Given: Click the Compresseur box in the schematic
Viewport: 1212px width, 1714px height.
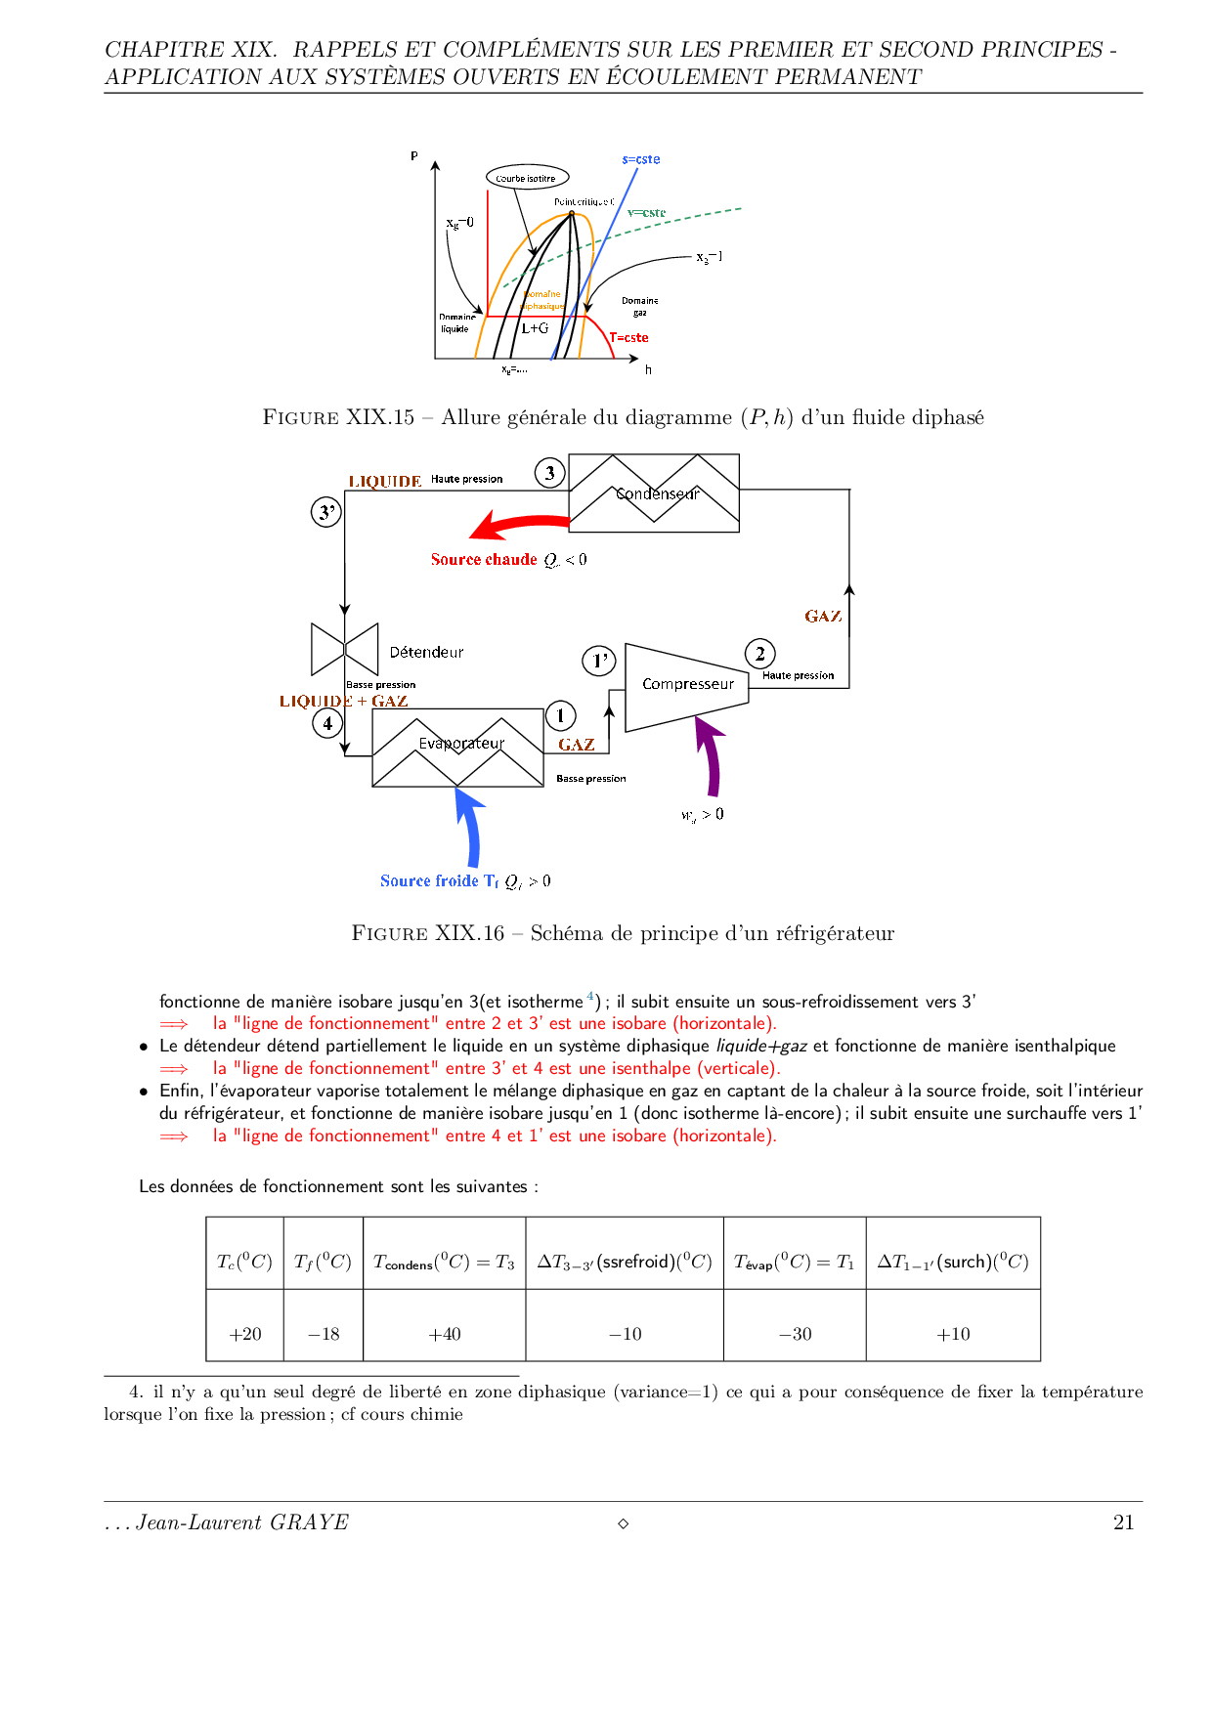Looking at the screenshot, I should click(x=687, y=685).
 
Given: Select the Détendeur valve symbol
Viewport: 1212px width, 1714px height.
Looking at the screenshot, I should click(x=344, y=649).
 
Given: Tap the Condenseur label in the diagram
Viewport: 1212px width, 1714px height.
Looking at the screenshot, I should click(x=658, y=493).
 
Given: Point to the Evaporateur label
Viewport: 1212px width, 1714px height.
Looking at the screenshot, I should click(x=461, y=744).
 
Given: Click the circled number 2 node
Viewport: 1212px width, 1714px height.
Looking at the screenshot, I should click(x=759, y=654).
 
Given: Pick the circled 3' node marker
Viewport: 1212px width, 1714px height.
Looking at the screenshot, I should click(x=326, y=512).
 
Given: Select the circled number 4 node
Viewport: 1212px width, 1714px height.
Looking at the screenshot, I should click(x=327, y=723).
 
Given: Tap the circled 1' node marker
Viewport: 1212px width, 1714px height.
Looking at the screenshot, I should click(x=599, y=661).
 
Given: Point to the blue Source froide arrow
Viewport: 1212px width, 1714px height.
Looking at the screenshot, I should click(x=470, y=827).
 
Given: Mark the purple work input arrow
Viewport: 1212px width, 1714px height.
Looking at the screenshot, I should click(x=711, y=756).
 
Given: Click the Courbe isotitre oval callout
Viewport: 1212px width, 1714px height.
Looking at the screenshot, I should click(x=526, y=178).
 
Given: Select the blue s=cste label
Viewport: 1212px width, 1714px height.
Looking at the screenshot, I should click(x=641, y=159).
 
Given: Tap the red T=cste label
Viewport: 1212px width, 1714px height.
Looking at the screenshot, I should click(x=629, y=338).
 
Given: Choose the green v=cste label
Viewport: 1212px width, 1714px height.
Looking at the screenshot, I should click(x=646, y=212).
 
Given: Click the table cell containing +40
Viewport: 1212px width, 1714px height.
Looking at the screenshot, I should click(x=445, y=1334).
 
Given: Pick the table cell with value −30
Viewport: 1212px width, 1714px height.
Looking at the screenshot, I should click(x=795, y=1334).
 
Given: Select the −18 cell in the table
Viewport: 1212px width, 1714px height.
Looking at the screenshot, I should click(x=324, y=1334).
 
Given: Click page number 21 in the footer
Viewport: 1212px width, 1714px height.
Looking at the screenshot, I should click(x=1123, y=1521).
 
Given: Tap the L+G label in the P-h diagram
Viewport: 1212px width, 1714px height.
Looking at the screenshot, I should click(x=535, y=328).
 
